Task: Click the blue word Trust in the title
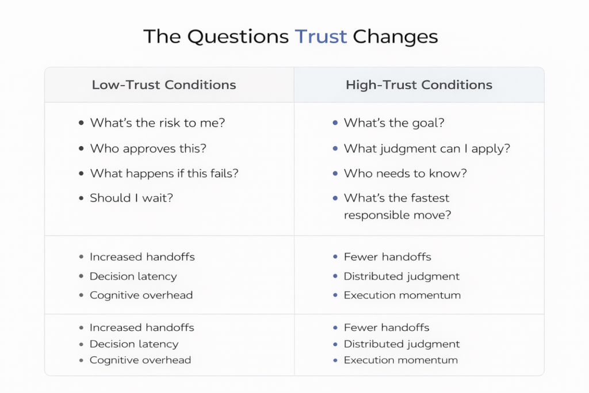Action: tap(321, 36)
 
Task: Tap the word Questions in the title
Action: tap(238, 37)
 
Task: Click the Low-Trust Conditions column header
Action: tap(164, 85)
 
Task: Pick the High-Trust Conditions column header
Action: tap(419, 85)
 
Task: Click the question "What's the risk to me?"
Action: tap(158, 123)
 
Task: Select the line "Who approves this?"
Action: tap(148, 148)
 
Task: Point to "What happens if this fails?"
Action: tap(164, 173)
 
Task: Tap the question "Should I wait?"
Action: tap(132, 198)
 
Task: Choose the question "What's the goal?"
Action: tap(394, 123)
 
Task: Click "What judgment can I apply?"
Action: tap(427, 149)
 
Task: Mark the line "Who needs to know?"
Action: tap(406, 173)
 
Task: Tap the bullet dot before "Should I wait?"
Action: tap(81, 198)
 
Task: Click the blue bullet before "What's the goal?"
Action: tap(335, 123)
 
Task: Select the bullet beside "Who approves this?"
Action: tap(81, 148)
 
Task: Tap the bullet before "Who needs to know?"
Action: tap(335, 173)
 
